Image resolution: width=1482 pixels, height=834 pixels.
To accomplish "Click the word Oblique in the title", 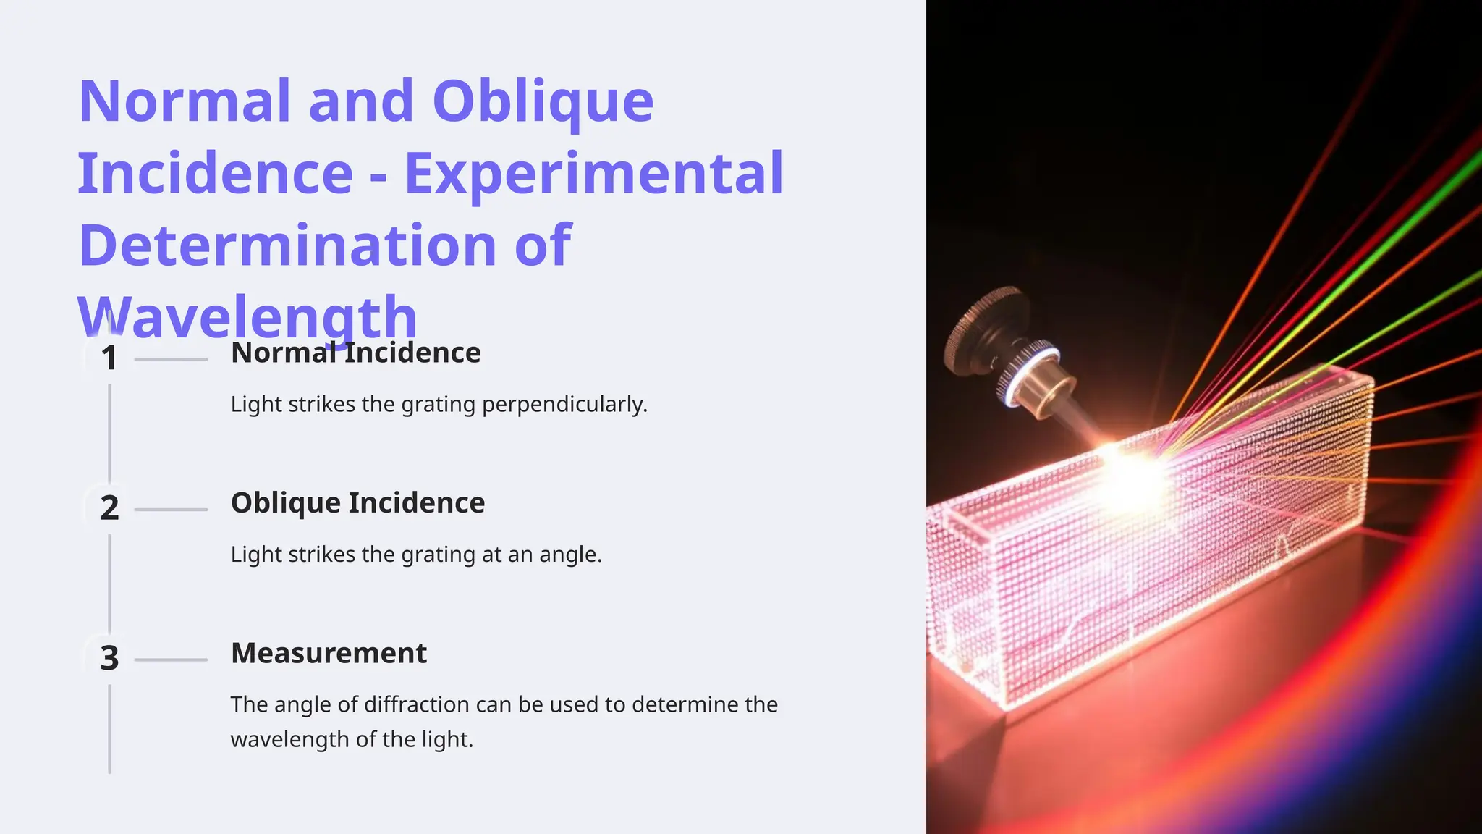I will pos(543,101).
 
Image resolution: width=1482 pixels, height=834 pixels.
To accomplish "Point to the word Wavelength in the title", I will pos(247,317).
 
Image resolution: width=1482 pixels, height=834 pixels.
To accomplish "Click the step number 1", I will pos(109,358).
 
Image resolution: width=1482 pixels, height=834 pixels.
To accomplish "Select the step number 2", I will pos(109,508).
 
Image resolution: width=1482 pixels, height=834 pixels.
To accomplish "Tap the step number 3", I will pos(109,658).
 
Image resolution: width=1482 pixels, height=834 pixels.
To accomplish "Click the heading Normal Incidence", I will pos(355,353).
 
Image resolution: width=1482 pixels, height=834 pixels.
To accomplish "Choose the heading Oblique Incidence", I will pos(357,503).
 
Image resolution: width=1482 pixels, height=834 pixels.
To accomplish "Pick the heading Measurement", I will pos(329,653).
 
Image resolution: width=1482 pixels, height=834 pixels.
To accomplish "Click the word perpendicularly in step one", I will pos(564,404).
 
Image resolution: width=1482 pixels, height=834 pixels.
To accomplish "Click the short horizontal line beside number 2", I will pos(171,510).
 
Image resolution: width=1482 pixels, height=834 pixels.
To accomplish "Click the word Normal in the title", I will pos(184,101).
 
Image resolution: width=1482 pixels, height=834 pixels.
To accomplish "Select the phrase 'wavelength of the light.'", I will pos(352,740).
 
